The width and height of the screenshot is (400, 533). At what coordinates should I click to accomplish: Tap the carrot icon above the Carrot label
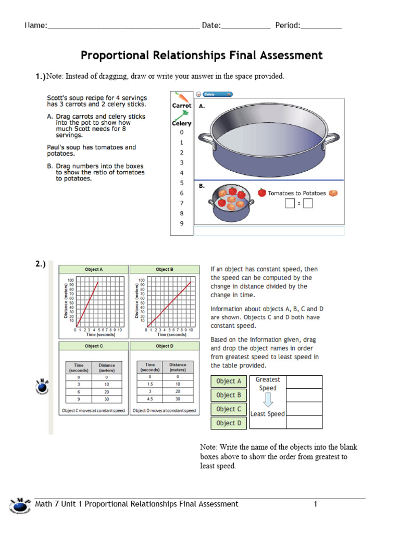(x=181, y=96)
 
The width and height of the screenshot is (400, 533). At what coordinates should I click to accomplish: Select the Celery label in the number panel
(x=182, y=123)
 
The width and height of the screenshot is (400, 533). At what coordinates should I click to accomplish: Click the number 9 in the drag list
(x=182, y=223)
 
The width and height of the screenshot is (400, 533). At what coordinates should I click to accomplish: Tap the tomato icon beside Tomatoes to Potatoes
(x=262, y=193)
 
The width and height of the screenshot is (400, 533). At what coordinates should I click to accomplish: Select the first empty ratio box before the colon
(x=290, y=204)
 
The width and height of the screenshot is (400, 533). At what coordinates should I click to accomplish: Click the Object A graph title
(x=94, y=270)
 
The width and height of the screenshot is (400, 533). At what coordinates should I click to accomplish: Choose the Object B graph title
(x=165, y=270)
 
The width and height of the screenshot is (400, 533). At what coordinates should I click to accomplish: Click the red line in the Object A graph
(x=87, y=304)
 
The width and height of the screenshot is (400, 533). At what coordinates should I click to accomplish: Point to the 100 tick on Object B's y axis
(x=142, y=281)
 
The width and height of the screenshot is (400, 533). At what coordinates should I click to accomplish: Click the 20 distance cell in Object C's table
(x=107, y=391)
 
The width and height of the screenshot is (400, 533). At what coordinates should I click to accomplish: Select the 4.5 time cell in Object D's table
(x=150, y=400)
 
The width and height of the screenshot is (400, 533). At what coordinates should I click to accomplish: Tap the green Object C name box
(x=229, y=409)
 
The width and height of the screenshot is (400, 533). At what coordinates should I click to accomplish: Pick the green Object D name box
(x=229, y=423)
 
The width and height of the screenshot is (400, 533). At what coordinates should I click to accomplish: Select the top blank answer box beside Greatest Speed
(x=304, y=382)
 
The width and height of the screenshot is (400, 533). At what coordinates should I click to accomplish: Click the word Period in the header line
(x=287, y=26)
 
